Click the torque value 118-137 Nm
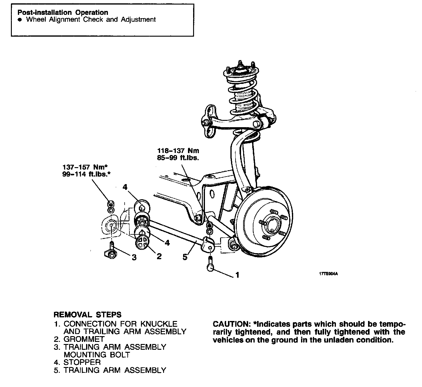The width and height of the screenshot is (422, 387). point(178,150)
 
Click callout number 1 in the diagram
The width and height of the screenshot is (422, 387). point(237,275)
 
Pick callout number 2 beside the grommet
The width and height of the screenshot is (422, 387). point(159,256)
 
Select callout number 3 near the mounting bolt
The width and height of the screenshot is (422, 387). point(134,257)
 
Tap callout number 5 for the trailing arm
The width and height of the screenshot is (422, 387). point(185,257)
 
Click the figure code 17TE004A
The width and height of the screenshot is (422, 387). point(328,274)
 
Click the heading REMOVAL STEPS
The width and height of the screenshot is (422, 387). point(87,315)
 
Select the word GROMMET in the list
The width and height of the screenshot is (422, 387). point(84,339)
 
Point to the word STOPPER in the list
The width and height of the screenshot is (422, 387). point(82,362)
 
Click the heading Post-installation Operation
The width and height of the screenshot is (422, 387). point(63,12)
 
